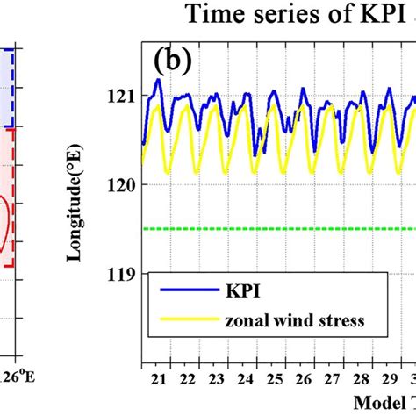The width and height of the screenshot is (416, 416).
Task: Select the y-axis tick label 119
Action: point(119,274)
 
